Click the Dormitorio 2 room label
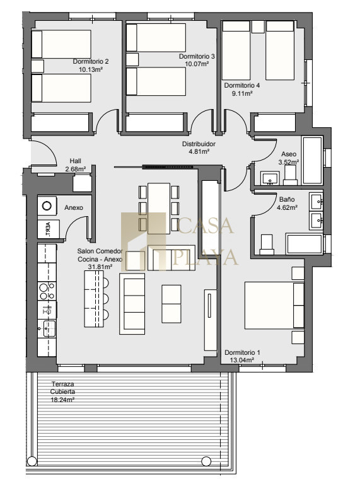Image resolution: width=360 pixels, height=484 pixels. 90,61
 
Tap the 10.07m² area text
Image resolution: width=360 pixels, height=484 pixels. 197,64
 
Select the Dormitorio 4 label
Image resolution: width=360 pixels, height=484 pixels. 242,86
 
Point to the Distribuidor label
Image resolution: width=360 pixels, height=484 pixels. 199,144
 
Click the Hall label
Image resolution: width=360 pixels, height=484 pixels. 75,161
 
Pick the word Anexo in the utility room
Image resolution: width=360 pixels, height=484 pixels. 74,208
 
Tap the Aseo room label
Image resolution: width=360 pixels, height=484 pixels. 289,154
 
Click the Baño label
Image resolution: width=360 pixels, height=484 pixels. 287,199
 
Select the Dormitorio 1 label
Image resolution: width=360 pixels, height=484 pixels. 242,352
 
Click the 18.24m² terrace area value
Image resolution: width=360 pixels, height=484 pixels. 62,400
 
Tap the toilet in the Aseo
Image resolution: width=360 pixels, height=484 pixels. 290,175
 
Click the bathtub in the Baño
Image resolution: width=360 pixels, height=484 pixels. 305,244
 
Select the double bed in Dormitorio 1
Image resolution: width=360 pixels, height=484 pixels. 274,305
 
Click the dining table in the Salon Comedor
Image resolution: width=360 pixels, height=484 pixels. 159,209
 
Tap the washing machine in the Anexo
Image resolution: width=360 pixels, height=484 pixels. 47,205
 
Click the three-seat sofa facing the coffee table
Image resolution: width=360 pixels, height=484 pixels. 132,304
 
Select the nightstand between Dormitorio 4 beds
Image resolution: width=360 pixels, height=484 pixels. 258,27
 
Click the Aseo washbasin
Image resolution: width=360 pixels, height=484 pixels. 270,178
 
